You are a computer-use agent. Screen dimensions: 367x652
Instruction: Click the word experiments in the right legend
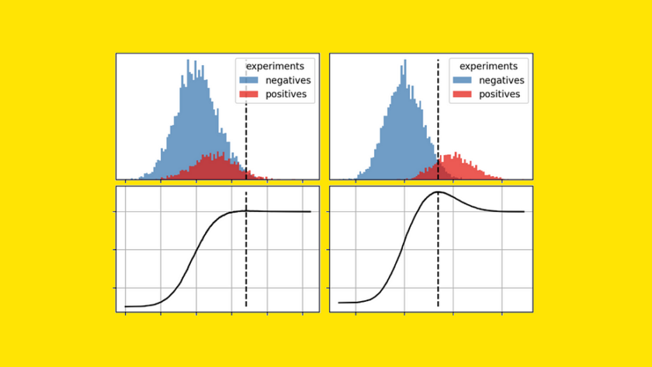tap(487, 66)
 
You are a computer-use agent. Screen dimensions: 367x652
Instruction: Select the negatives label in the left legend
tap(286, 80)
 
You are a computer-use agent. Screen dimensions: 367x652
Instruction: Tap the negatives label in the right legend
tap(501, 80)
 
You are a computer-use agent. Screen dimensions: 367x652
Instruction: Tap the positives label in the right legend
tap(499, 95)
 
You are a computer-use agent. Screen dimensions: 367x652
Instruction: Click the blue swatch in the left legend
tap(249, 80)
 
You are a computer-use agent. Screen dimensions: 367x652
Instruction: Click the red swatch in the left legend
tap(249, 95)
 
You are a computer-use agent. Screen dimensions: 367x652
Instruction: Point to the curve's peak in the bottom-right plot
tap(439, 192)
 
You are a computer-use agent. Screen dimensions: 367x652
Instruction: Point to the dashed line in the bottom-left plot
tap(246, 256)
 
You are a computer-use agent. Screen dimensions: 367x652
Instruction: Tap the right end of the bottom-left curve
tap(310, 211)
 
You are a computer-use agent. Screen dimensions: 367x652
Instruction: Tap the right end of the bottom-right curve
tap(524, 211)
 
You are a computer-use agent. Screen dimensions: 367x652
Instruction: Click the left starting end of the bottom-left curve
tap(125, 306)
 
